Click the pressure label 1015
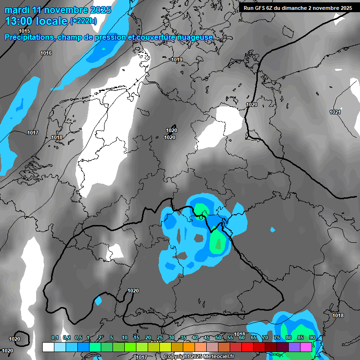coord(24,31)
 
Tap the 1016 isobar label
coord(46,53)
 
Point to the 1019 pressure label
coord(177,60)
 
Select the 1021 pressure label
coord(335,112)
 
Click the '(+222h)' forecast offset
coord(83,21)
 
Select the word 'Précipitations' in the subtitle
coord(29,37)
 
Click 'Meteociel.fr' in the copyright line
coord(207,357)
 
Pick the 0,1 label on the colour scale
coord(54,337)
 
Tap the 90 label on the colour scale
coord(312,337)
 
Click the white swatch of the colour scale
coord(48,347)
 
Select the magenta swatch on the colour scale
coord(306,347)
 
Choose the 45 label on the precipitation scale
coord(207,337)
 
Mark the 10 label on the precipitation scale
coord(125,337)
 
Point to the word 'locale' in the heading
coord(52,21)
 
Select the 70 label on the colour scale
coord(265,337)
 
